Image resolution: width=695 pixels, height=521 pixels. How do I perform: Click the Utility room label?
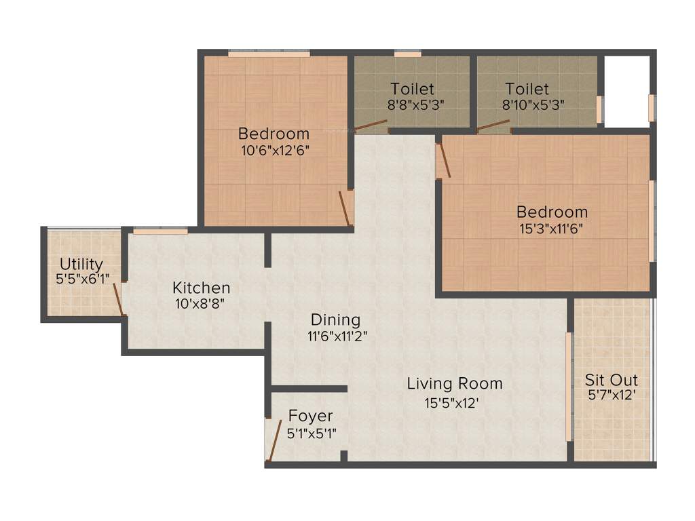(x=81, y=264)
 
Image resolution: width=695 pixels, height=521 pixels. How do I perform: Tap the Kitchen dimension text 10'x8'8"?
(x=201, y=305)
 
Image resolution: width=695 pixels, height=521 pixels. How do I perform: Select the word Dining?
(x=335, y=320)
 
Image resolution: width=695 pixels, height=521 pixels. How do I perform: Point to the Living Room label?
(x=454, y=383)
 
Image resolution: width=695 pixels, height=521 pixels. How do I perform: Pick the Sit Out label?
(x=612, y=380)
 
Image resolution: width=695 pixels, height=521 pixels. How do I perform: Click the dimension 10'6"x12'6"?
(x=276, y=151)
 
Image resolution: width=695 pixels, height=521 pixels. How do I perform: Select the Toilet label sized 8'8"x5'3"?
(x=412, y=89)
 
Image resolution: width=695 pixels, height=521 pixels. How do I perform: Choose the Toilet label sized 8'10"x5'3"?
(x=527, y=89)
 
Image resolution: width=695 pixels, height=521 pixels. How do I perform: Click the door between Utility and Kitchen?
(x=118, y=300)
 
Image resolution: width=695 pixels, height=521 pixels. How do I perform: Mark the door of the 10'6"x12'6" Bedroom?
(x=345, y=208)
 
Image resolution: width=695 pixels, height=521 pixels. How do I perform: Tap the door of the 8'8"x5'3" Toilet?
(x=371, y=125)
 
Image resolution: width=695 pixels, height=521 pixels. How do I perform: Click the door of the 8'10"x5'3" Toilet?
(x=493, y=124)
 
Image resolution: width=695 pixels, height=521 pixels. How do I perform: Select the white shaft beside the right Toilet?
(x=626, y=91)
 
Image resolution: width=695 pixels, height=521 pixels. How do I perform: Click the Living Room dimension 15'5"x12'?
(x=452, y=403)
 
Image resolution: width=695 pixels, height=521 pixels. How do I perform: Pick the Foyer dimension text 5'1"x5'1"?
(x=312, y=432)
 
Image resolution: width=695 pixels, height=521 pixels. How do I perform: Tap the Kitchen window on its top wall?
(x=160, y=231)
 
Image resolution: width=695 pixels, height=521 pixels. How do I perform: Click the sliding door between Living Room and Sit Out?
(x=569, y=387)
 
